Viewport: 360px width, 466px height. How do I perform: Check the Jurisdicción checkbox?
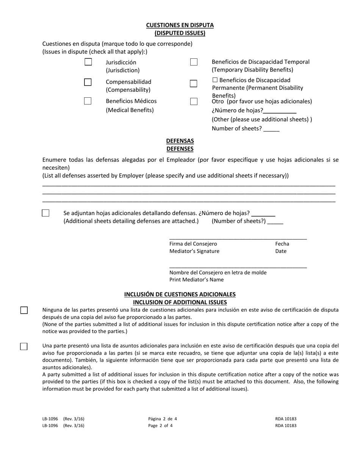(88, 62)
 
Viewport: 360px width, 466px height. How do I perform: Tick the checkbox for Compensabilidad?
(88, 82)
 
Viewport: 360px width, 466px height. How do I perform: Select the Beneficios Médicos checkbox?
(88, 101)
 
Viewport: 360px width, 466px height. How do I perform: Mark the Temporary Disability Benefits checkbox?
(194, 62)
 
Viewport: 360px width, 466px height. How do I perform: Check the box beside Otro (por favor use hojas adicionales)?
(194, 102)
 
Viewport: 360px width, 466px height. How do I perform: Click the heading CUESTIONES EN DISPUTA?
(180, 25)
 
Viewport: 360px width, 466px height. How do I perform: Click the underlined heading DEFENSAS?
(180, 141)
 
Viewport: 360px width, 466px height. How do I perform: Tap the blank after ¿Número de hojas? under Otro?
(280, 111)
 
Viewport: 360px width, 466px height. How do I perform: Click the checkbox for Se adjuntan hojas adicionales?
(45, 213)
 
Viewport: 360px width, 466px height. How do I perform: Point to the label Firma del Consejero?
(193, 244)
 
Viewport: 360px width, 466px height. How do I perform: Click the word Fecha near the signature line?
(282, 244)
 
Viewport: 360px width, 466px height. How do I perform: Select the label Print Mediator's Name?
(196, 280)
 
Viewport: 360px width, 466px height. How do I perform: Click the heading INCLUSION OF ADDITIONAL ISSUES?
(180, 302)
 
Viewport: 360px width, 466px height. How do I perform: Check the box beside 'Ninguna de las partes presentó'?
(24, 310)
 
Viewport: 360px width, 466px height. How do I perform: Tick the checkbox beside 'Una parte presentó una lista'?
(24, 346)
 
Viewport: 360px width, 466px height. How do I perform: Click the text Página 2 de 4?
(163, 419)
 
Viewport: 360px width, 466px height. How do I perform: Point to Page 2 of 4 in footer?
(163, 425)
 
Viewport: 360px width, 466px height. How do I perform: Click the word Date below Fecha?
(281, 251)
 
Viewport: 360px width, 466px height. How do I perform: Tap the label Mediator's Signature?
(194, 251)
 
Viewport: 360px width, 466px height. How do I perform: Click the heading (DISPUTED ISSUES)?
(180, 33)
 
